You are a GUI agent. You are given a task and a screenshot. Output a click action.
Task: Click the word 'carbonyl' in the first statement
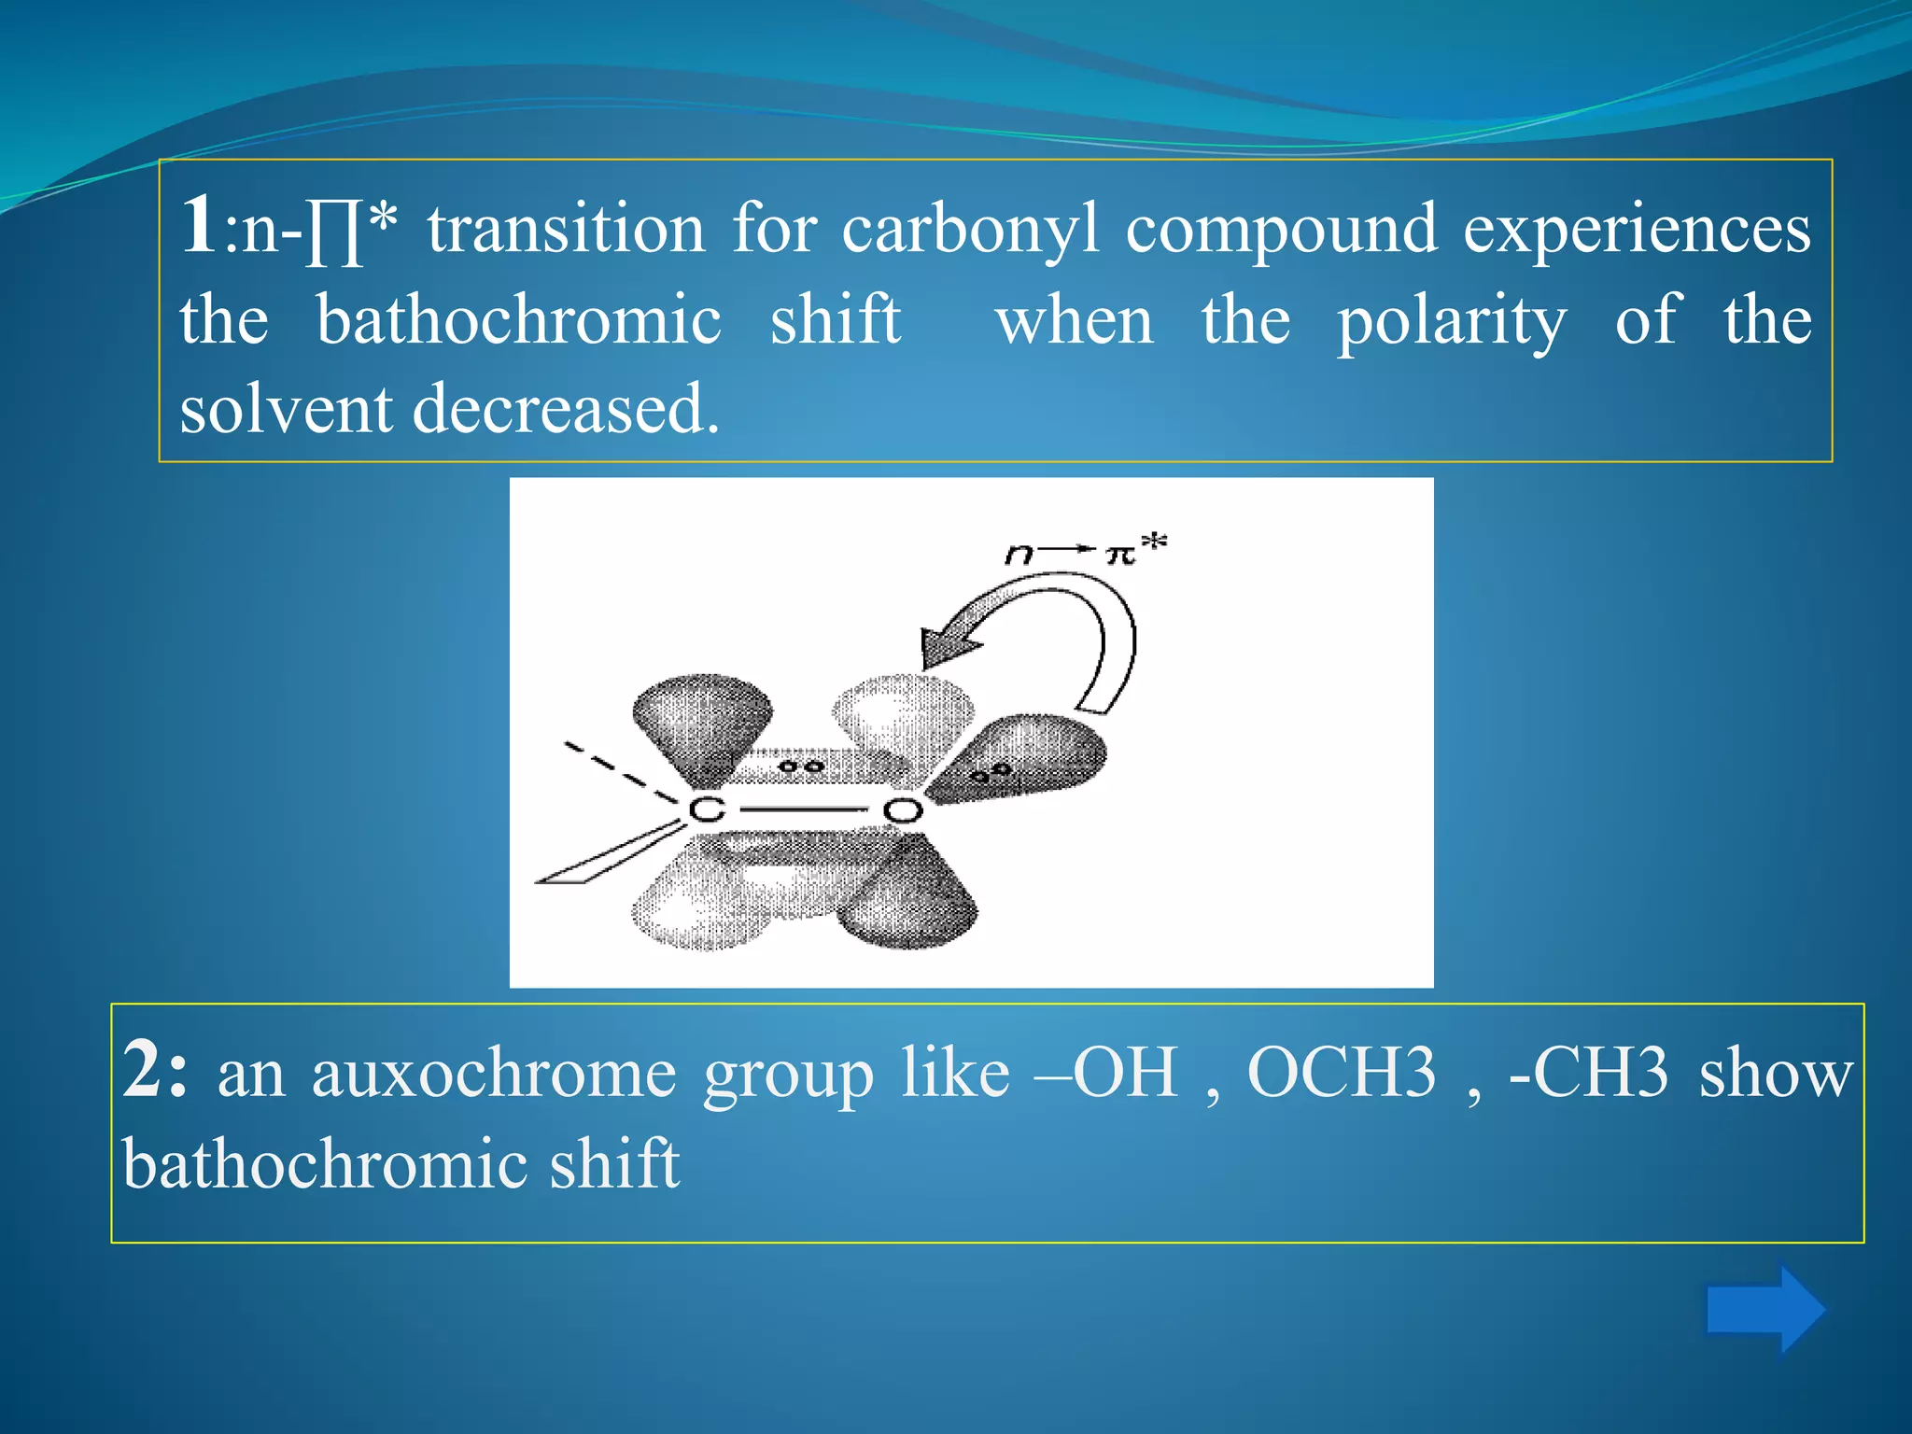pyautogui.click(x=971, y=229)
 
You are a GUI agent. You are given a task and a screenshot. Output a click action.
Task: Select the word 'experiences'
pyautogui.click(x=1637, y=229)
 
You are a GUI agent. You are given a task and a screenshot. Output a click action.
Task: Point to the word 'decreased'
pyautogui.click(x=566, y=409)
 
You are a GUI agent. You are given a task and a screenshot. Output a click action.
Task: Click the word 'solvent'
pyautogui.click(x=286, y=409)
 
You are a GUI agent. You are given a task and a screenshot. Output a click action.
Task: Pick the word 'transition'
pyautogui.click(x=567, y=229)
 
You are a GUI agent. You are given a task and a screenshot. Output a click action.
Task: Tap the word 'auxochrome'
pyautogui.click(x=494, y=1074)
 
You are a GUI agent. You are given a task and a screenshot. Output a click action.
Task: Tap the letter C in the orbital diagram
pyautogui.click(x=707, y=809)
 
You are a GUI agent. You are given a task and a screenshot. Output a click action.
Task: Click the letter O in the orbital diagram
pyautogui.click(x=903, y=809)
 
